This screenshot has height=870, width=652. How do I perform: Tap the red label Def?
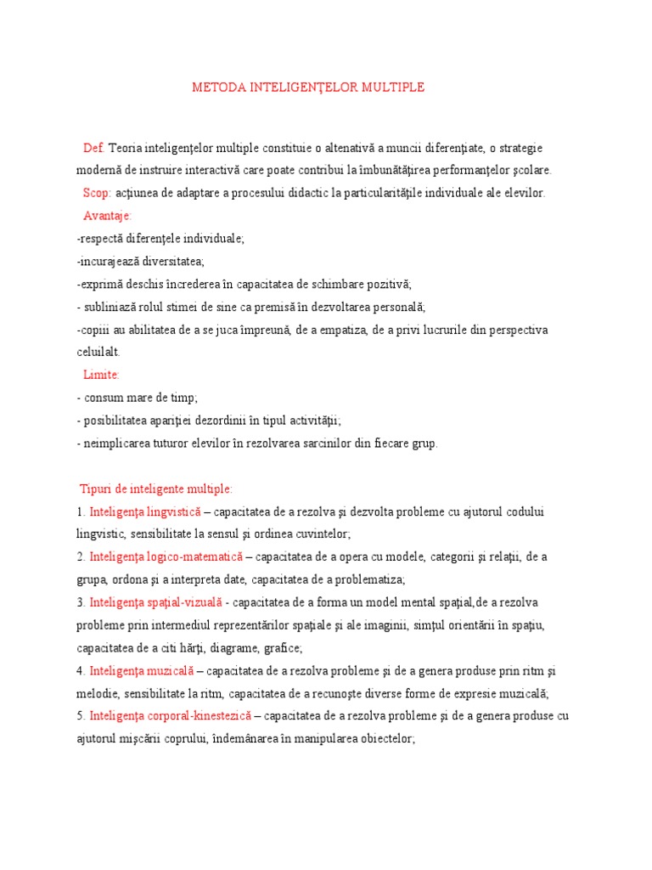tap(93, 148)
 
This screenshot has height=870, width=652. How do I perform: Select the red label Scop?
tap(97, 193)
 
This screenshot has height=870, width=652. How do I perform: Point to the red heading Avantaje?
tap(108, 216)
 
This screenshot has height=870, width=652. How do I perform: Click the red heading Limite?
tap(101, 375)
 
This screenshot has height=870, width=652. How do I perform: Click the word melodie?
tap(94, 694)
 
